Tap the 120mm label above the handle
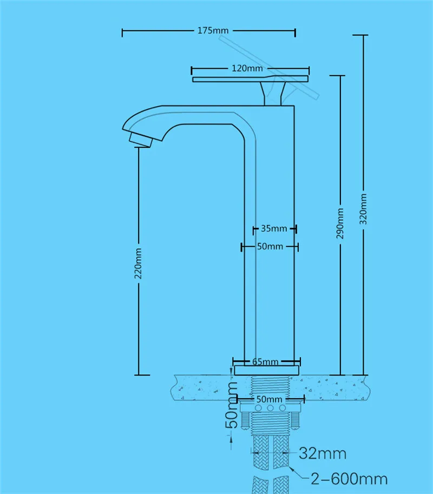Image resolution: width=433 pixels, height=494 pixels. (x=247, y=68)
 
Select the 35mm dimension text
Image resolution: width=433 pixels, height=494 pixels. (x=274, y=228)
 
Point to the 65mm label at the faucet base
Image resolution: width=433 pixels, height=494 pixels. (x=265, y=361)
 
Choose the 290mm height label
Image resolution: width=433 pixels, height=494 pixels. (x=340, y=223)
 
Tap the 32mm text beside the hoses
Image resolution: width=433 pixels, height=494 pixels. (x=324, y=452)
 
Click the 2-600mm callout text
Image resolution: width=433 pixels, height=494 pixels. (x=349, y=478)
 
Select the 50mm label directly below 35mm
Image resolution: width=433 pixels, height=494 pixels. (x=270, y=247)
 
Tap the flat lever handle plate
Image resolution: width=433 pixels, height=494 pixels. (x=250, y=80)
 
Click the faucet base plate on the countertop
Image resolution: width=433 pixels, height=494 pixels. (x=266, y=370)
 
